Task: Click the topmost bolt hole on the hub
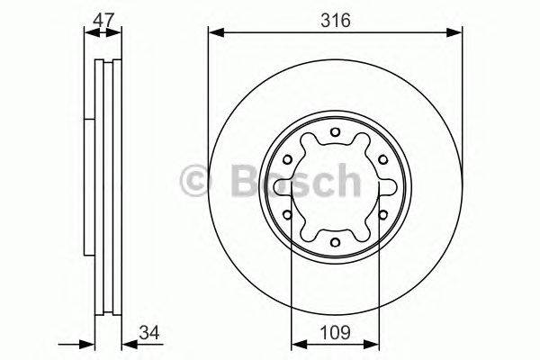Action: pyautogui.click(x=334, y=135)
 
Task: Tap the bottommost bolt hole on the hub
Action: pyautogui.click(x=334, y=240)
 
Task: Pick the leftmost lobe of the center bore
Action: pyautogui.click(x=300, y=187)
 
